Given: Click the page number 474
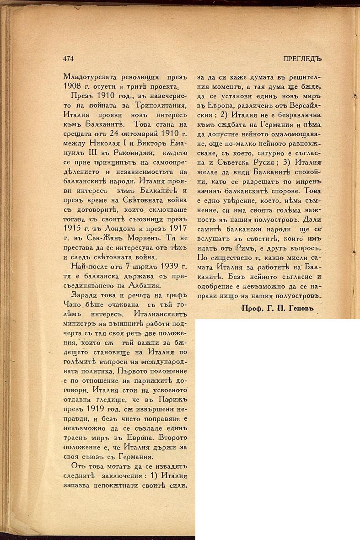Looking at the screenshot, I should click(x=68, y=59).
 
